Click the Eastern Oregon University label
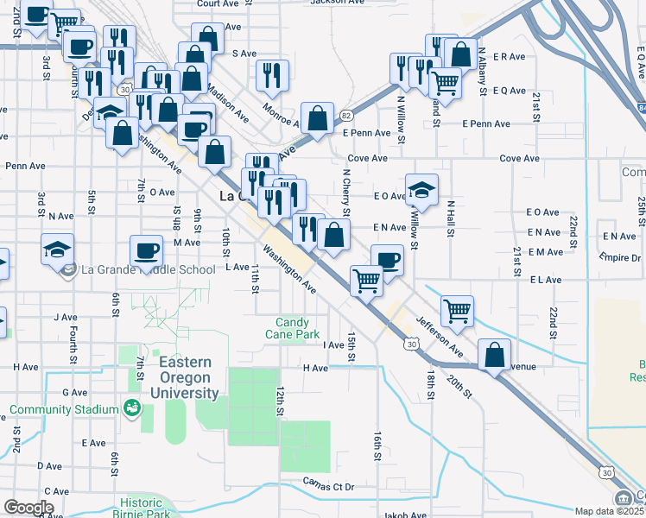[x=188, y=378]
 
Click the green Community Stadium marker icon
[x=132, y=407]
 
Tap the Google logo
[x=28, y=508]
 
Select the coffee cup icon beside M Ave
[x=146, y=250]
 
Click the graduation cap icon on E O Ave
[x=422, y=188]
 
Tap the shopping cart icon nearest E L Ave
[x=367, y=279]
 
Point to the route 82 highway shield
[x=345, y=115]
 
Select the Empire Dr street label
[x=622, y=257]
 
